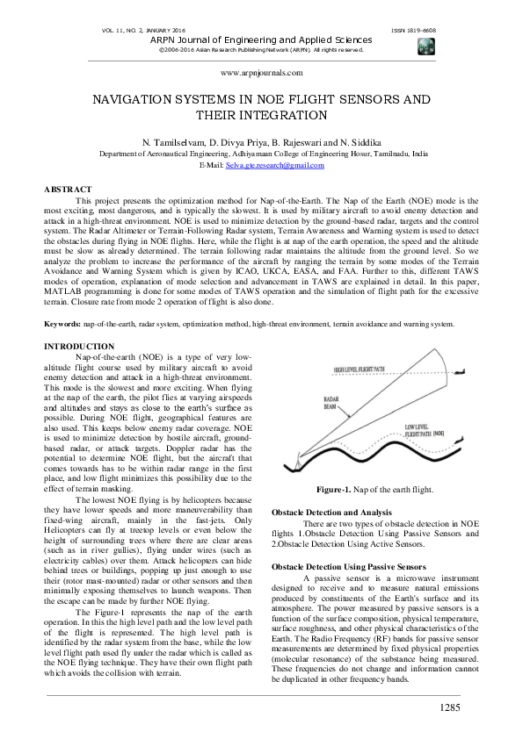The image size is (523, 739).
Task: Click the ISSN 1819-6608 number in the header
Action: [x=413, y=31]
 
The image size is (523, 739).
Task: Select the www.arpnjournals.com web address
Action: [x=262, y=75]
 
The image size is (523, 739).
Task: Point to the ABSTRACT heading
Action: [x=68, y=190]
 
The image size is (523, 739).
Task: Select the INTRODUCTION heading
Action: [x=79, y=348]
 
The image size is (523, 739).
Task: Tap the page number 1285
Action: [x=450, y=707]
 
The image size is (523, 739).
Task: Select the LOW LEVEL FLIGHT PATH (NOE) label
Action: [x=425, y=430]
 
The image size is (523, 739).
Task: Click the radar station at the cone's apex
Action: [x=298, y=464]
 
